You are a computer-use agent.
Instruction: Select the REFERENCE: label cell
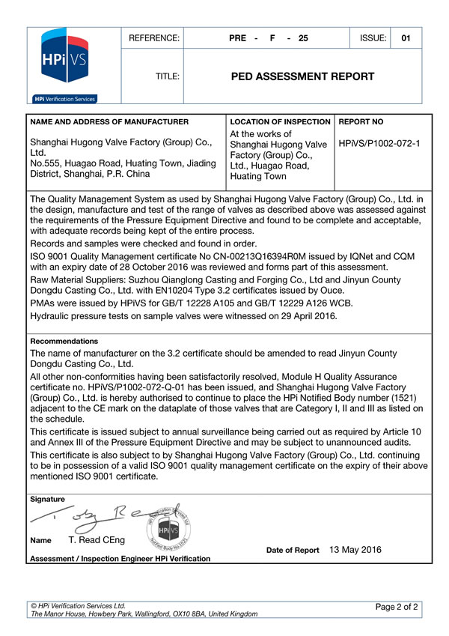(x=154, y=37)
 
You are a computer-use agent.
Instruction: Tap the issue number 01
(x=406, y=37)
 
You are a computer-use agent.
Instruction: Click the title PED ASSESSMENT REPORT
(x=303, y=76)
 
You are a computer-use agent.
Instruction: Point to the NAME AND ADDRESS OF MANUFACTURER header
(x=109, y=121)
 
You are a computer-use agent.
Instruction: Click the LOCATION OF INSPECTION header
(x=281, y=121)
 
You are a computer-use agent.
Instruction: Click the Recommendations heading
(x=64, y=341)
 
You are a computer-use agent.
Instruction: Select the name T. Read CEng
(x=97, y=540)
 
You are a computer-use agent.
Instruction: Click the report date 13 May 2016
(x=355, y=550)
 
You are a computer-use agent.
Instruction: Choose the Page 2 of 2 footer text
(x=397, y=605)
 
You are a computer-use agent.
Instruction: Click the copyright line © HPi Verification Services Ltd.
(x=78, y=605)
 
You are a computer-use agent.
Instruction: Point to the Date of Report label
(x=293, y=551)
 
